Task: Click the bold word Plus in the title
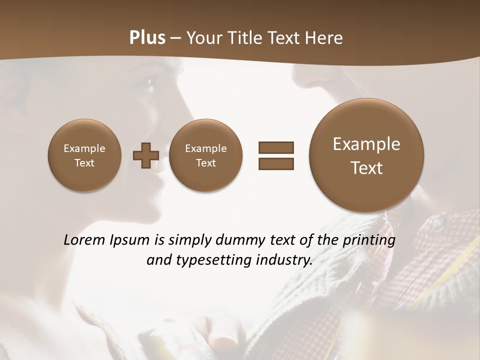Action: coord(147,38)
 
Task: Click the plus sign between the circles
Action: coord(145,155)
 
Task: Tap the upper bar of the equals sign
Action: coord(275,147)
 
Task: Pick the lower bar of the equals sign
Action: coord(275,163)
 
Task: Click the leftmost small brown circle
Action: coord(84,155)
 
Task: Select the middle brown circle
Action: coord(205,155)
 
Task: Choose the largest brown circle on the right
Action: coord(366,155)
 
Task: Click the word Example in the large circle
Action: coord(366,144)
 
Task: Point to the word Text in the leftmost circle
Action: coord(84,163)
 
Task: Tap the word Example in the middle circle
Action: coord(205,148)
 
